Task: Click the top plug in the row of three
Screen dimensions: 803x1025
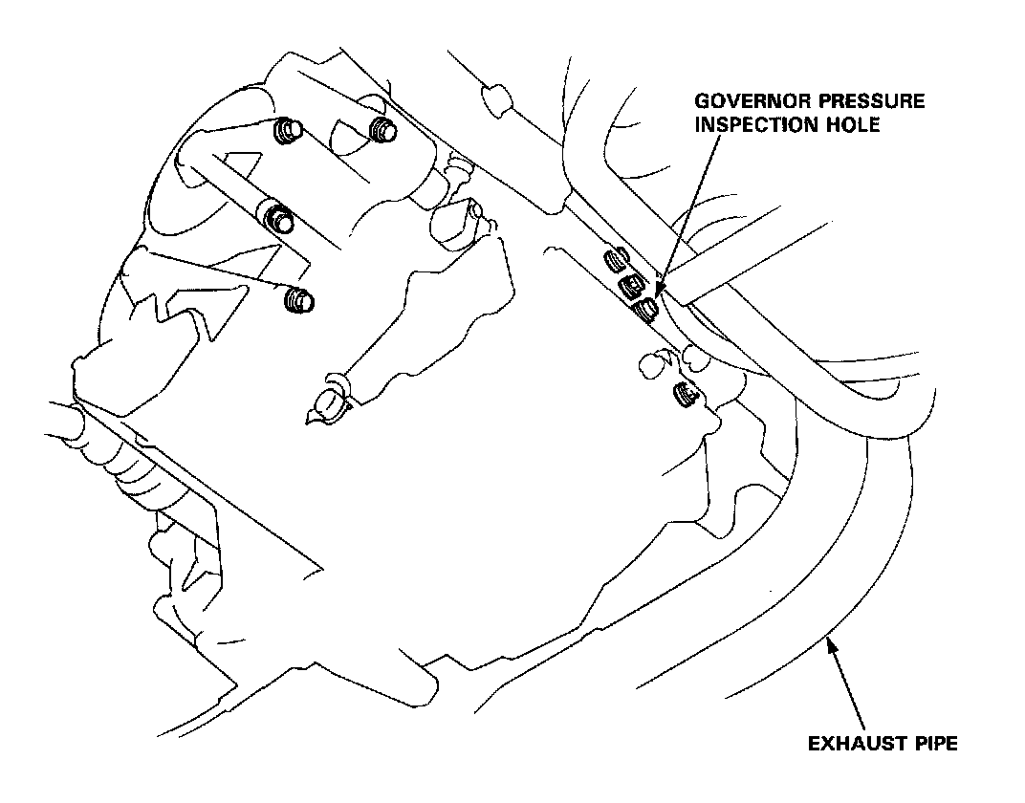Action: (x=617, y=260)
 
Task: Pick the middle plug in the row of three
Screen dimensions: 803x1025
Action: (x=631, y=285)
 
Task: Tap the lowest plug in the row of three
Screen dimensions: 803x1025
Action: (x=647, y=308)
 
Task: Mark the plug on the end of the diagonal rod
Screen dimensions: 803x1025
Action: (x=278, y=218)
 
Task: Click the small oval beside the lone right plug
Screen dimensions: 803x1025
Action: (x=651, y=364)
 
